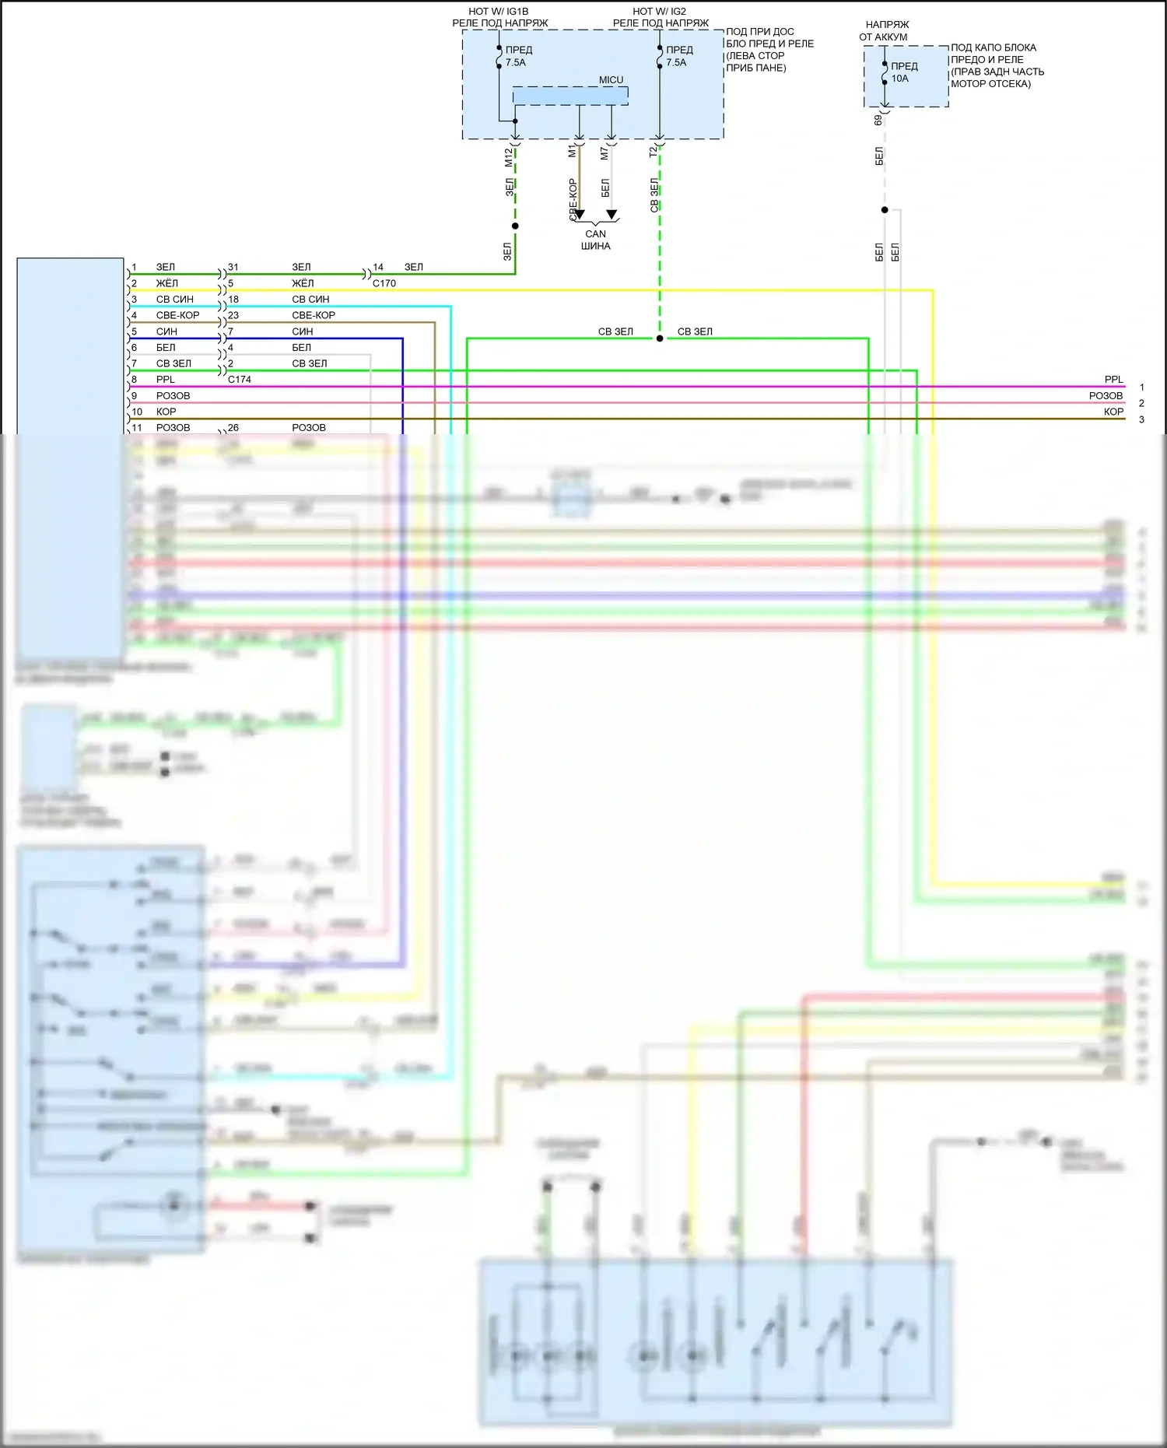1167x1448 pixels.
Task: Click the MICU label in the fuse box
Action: (x=611, y=80)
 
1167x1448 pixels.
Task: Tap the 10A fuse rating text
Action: (x=899, y=79)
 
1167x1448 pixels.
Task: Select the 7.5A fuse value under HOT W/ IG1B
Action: (x=516, y=62)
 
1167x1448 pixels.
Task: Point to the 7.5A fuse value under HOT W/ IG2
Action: (x=676, y=62)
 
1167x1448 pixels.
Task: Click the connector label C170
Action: (x=384, y=283)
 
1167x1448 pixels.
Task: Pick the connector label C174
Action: (x=240, y=380)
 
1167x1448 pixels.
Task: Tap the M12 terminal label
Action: (x=509, y=157)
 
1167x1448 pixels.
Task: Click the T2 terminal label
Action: (x=654, y=153)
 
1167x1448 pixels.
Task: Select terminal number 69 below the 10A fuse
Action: (x=878, y=120)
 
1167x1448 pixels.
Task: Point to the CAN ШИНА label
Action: (x=595, y=240)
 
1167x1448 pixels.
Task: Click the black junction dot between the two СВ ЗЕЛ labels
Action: (x=660, y=338)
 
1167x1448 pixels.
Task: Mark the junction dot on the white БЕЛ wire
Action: (x=885, y=210)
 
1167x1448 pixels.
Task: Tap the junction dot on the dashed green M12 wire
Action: (x=515, y=226)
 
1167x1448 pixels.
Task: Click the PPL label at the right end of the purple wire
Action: (x=1113, y=380)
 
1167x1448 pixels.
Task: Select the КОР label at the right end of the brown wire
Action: (x=1113, y=412)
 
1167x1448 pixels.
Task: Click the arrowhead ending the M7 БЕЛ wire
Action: (x=612, y=215)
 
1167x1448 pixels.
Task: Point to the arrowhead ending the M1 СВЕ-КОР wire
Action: (x=580, y=215)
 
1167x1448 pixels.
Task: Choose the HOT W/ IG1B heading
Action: (x=498, y=12)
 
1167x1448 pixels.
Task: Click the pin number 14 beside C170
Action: (x=378, y=267)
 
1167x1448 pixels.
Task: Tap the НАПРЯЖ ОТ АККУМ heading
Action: (x=885, y=30)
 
